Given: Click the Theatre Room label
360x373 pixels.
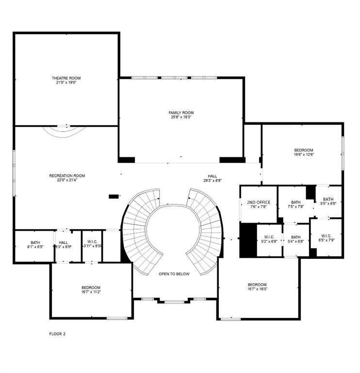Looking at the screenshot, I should coord(66,78).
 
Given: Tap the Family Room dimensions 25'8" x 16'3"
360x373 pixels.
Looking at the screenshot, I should coord(181,117).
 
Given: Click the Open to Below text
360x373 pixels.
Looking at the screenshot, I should coord(174,274).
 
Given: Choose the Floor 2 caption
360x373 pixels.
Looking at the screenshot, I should coord(58,334).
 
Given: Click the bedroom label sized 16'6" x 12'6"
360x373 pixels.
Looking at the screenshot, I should coord(303,150).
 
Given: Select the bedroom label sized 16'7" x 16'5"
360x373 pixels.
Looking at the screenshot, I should coord(257,285).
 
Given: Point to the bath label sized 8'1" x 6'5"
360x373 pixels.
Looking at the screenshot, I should coord(35,242).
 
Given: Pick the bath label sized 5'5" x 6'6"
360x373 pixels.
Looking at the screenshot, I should coord(328,199).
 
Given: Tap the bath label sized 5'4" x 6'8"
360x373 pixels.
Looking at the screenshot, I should coord(295,237).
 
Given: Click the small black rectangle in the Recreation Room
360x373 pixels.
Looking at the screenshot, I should coord(114,196).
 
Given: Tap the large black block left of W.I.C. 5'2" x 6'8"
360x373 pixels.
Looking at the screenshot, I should coord(247,240).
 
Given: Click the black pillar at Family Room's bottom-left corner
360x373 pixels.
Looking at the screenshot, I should coord(127,160).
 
